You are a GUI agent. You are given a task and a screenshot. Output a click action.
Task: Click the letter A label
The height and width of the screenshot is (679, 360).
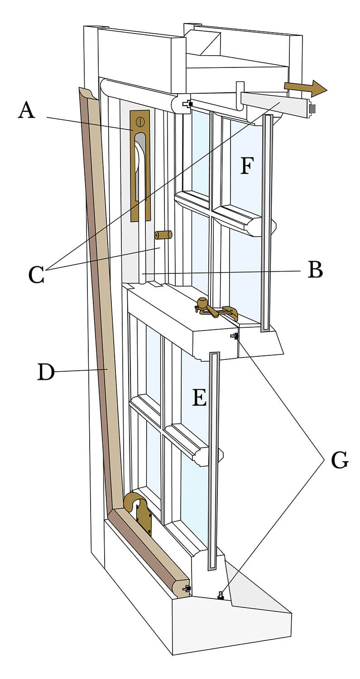pyautogui.click(x=26, y=110)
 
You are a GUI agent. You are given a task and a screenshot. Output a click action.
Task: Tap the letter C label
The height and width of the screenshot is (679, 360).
pyautogui.click(x=36, y=274)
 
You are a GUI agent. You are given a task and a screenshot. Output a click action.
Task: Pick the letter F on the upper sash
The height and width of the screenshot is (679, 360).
pyautogui.click(x=246, y=166)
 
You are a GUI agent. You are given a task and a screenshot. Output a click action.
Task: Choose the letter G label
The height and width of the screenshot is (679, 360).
pyautogui.click(x=340, y=460)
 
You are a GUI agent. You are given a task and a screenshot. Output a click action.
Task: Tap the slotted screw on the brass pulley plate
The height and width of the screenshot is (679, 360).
pyautogui.click(x=140, y=121)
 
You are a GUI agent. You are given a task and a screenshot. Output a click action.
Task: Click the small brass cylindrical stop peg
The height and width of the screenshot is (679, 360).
pyautogui.click(x=163, y=235)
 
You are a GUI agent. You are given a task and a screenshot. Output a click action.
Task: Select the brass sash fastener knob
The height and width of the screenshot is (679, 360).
pyautogui.click(x=202, y=303)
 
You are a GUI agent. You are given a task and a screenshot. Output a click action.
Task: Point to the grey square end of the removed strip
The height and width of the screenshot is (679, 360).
pyautogui.click(x=312, y=109)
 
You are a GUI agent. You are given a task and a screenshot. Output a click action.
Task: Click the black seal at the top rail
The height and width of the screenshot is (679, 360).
pyautogui.click(x=187, y=104)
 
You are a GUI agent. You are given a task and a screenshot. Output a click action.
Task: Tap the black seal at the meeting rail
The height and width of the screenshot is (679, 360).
pyautogui.click(x=235, y=336)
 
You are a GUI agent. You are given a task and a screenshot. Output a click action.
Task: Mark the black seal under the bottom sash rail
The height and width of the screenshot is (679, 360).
pyautogui.click(x=221, y=596)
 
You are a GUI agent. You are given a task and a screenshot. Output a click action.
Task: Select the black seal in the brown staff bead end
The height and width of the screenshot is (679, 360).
pyautogui.click(x=187, y=588)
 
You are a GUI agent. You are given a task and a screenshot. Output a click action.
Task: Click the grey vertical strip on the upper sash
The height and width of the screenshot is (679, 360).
pyautogui.click(x=267, y=222)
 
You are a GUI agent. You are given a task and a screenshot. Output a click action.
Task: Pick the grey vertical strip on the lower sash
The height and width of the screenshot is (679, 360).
pyautogui.click(x=212, y=462)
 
